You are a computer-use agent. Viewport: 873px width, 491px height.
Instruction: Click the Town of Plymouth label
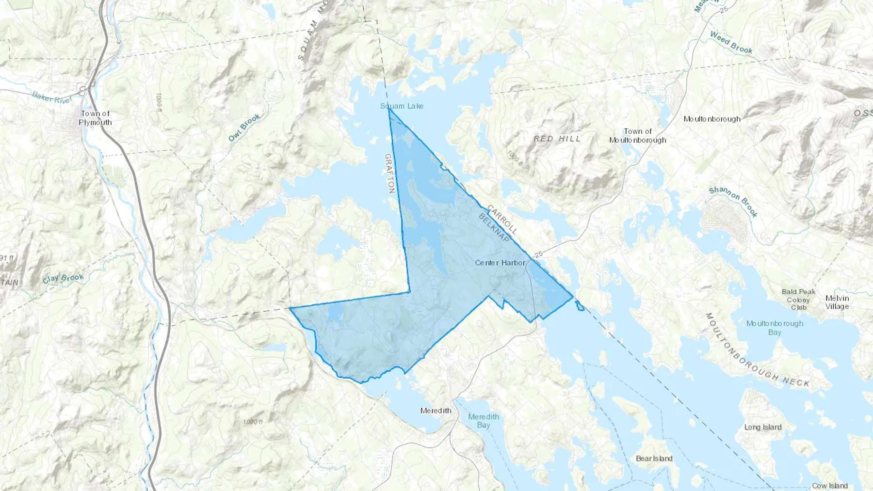pos(95,118)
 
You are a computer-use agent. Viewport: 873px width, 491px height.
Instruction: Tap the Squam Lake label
pos(402,106)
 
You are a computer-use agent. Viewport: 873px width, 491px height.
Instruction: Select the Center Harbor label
pos(500,263)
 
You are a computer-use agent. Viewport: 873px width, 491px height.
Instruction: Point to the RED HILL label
pos(557,139)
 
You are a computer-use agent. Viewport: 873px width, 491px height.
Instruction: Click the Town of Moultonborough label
pos(637,136)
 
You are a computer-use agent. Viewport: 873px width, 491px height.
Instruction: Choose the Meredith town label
pos(436,411)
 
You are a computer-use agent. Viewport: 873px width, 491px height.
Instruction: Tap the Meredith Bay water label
pos(483,421)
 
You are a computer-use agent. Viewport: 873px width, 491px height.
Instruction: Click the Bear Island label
pos(654,458)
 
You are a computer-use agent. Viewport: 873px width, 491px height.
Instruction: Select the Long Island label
pos(762,427)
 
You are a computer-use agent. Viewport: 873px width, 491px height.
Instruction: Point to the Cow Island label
pos(829,485)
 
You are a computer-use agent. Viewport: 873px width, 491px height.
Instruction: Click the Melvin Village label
pos(837,302)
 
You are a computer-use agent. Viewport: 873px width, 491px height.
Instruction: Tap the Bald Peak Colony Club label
pos(798,299)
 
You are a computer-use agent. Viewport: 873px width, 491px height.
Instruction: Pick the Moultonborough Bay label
pos(775,328)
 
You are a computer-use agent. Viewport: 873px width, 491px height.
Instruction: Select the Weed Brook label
pos(731,42)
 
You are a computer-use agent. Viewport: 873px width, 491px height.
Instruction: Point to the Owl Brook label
pos(244,127)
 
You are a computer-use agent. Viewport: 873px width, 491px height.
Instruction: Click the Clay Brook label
pos(63,279)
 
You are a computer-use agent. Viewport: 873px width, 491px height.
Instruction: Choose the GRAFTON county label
pos(390,174)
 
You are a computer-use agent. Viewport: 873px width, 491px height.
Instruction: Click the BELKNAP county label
pos(494,228)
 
